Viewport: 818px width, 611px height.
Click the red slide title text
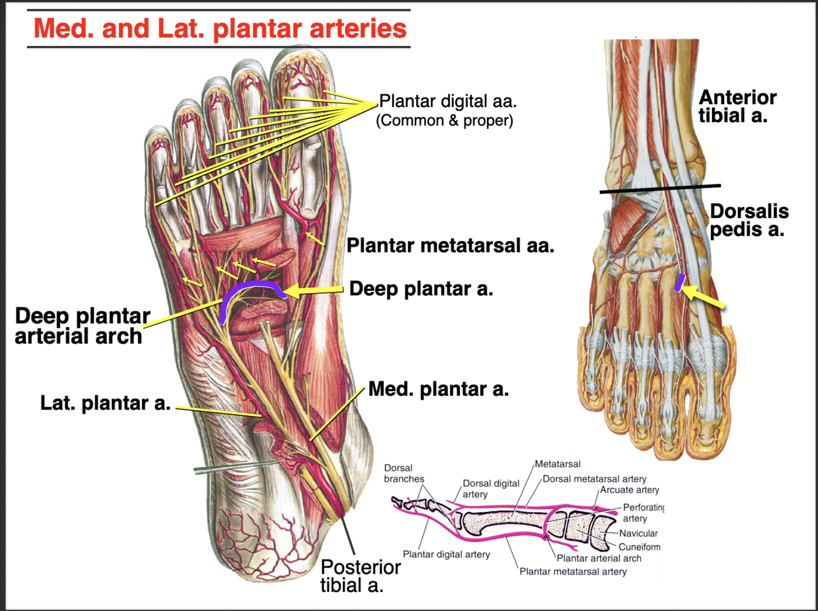pos(220,28)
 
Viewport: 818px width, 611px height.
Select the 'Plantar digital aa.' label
pos(448,101)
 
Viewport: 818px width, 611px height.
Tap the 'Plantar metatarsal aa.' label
pos(450,246)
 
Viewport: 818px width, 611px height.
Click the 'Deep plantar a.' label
pos(421,289)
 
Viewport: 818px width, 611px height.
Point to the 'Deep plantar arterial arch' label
pos(82,326)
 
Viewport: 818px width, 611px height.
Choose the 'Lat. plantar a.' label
pos(105,403)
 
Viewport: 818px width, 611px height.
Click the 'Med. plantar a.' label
pos(438,389)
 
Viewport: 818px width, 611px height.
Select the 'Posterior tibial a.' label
pos(360,576)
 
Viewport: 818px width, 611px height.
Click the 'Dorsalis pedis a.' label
pos(749,220)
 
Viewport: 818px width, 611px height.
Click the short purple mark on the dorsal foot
pos(679,283)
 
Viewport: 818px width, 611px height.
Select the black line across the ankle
pos(660,189)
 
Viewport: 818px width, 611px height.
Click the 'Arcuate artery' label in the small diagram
pos(629,490)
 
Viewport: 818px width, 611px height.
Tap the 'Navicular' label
pos(638,533)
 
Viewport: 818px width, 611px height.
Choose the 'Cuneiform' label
pos(639,547)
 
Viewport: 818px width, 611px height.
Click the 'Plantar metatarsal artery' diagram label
pos(573,571)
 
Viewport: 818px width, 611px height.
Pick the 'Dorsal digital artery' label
pos(491,488)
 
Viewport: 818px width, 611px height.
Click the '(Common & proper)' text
pos(445,120)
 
